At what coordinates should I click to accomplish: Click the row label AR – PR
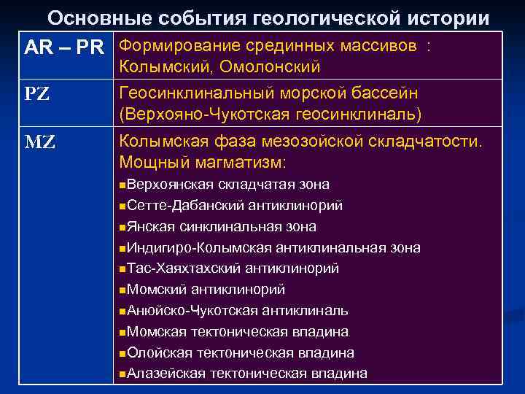[63, 48]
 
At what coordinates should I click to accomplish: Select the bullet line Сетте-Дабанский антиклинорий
[234, 206]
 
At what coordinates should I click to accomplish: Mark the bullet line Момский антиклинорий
[205, 290]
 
